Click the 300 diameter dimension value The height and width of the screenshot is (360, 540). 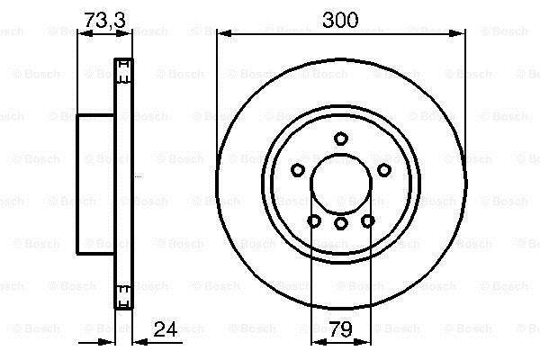(x=340, y=20)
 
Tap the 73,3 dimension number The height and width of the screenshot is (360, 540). (x=105, y=20)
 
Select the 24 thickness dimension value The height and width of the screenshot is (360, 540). (x=166, y=329)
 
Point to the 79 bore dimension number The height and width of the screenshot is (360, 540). (x=340, y=329)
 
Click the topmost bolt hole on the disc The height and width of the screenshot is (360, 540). (x=340, y=139)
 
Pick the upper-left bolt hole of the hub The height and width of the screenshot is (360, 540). (x=298, y=170)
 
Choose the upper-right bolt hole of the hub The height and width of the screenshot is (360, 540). (x=384, y=170)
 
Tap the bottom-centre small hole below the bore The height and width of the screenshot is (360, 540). (x=340, y=223)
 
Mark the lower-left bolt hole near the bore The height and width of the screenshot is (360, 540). (x=314, y=220)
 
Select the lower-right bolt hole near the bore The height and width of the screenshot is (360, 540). (x=368, y=220)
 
